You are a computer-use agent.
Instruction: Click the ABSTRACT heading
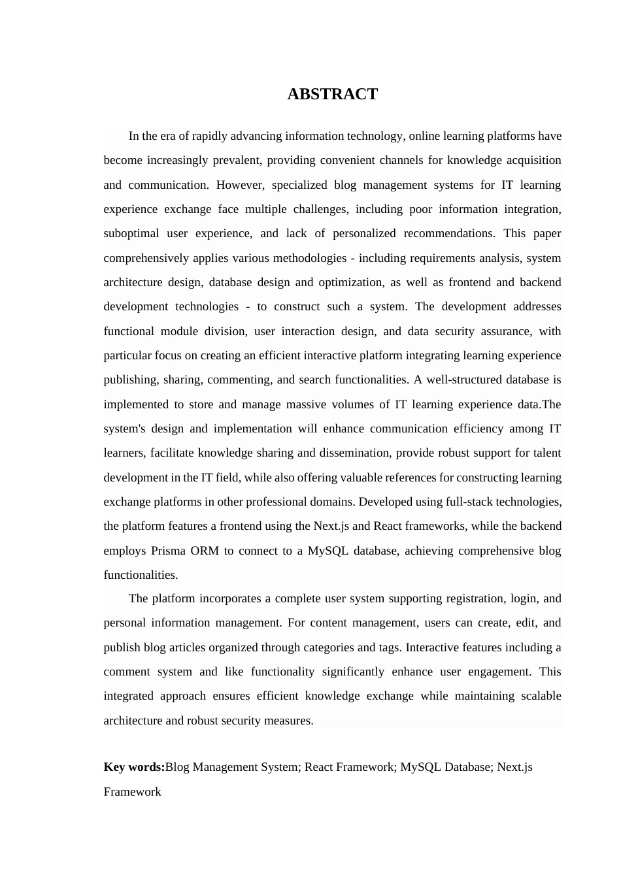point(332,94)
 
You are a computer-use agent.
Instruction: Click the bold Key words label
point(134,767)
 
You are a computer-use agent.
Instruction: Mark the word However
point(240,185)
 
